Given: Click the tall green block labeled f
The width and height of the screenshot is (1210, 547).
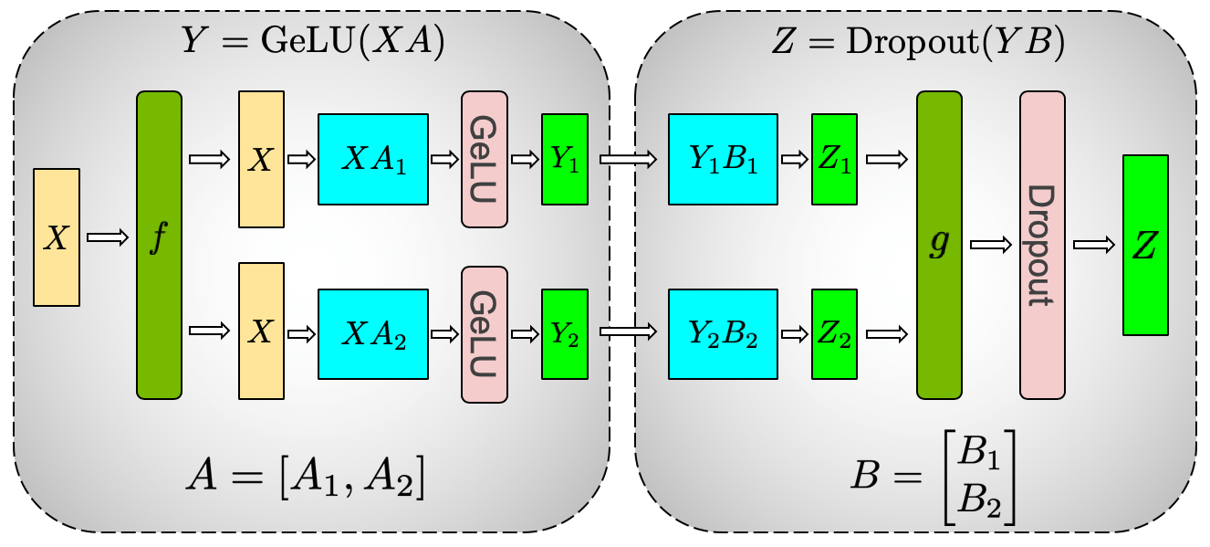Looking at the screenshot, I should point(159,245).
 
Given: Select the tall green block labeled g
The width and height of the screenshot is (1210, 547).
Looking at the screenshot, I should point(939,245).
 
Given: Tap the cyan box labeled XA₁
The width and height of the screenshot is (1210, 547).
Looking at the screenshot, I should point(372,159).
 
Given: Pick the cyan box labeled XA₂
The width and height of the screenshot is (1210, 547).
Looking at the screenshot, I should point(372,333).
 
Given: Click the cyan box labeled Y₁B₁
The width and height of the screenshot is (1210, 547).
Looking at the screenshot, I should point(723,159).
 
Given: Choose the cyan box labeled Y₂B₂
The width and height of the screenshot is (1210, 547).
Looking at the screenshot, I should point(723,333).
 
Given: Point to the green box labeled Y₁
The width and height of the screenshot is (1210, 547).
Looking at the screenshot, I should point(564,159).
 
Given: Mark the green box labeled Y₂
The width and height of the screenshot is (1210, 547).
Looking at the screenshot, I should point(564,333).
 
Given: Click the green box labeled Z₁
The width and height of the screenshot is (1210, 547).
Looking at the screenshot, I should point(834,159).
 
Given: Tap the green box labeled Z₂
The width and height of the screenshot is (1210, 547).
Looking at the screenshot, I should point(834,333).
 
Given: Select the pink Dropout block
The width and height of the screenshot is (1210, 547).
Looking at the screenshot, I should point(1042,245).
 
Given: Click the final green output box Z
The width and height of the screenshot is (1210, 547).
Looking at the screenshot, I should point(1145,245).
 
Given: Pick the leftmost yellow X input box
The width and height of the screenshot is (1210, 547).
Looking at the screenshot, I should point(57,237).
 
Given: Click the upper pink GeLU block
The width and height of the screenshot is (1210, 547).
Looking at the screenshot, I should point(484,159).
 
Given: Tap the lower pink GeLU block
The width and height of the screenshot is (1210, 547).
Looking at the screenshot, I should point(484,333).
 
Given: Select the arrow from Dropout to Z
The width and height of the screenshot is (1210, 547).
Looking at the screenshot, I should point(1093,245).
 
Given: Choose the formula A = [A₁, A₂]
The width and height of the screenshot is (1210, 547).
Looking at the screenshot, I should point(306,479).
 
